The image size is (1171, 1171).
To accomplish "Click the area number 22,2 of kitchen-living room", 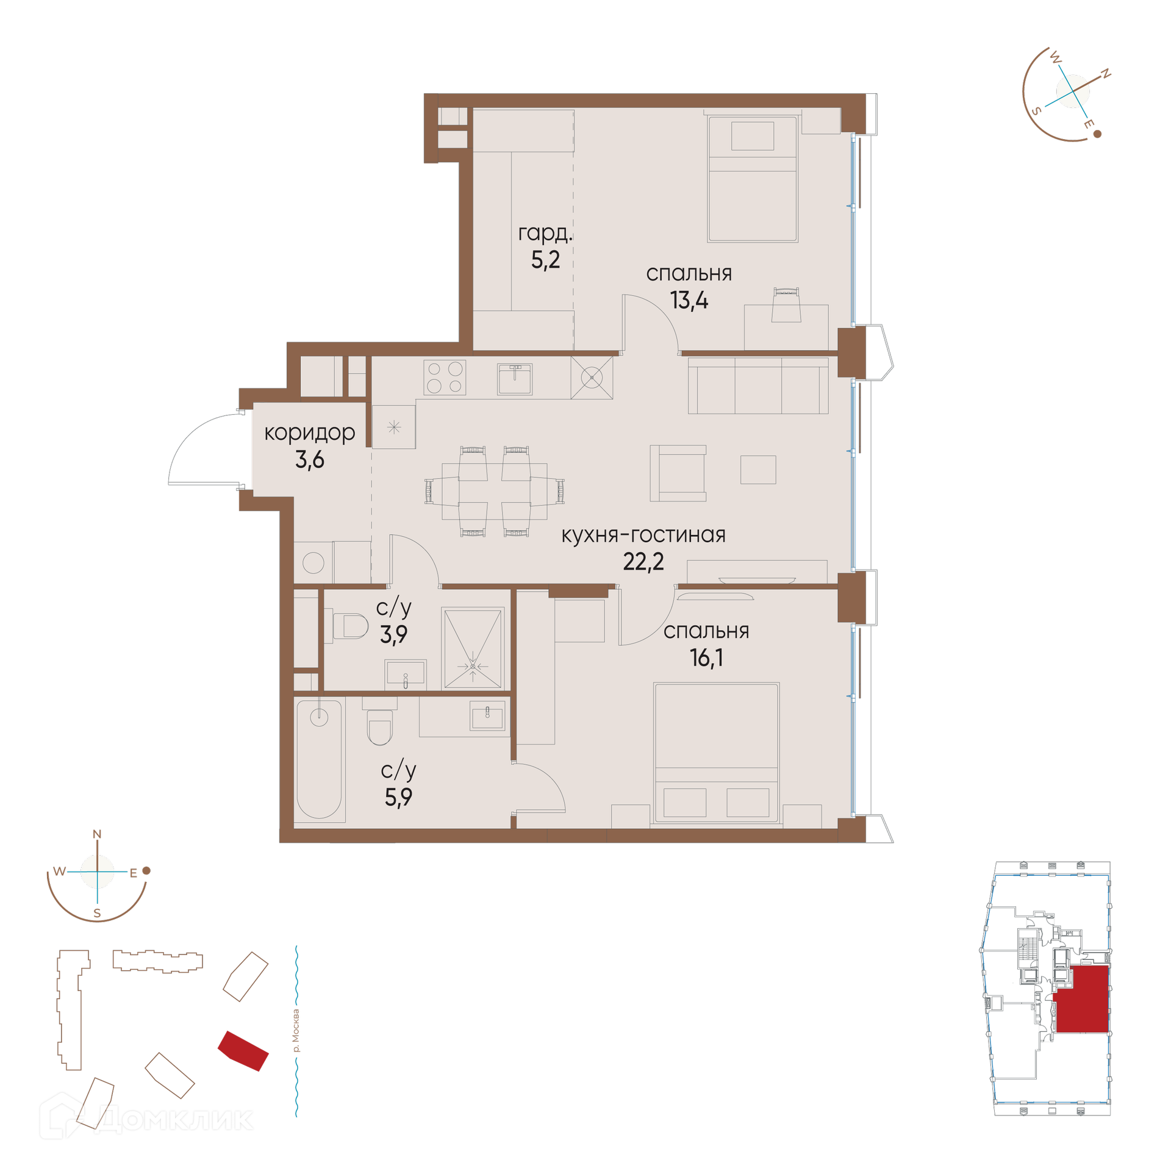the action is pos(643,561).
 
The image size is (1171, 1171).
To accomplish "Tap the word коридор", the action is pos(309,433).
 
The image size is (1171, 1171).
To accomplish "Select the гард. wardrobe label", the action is pos(545,234).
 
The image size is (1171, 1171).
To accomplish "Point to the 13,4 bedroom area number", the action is pos(689,300).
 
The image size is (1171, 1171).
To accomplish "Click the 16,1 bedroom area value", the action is pos(706,657).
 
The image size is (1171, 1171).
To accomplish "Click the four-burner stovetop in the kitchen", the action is pos(445,377).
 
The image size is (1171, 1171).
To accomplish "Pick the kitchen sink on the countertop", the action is pos(514,379).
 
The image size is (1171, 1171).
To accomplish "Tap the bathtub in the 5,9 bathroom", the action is pos(319,759).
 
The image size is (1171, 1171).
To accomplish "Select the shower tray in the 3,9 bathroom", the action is pos(473,648).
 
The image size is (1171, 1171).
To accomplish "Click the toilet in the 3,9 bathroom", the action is pos(350,626).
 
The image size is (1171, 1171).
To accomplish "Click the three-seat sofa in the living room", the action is pos(757,385).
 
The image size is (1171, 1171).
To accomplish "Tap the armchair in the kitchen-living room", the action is pos(678,473).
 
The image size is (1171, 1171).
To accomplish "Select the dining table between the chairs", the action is pos(495,492).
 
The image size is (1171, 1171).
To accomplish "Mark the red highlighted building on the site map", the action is pos(243,1051).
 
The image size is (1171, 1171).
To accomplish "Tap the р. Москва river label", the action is pos(296,1031).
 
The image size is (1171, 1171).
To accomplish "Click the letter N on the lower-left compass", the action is pos(97,834).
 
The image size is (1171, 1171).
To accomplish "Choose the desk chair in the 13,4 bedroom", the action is pos(786,305).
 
